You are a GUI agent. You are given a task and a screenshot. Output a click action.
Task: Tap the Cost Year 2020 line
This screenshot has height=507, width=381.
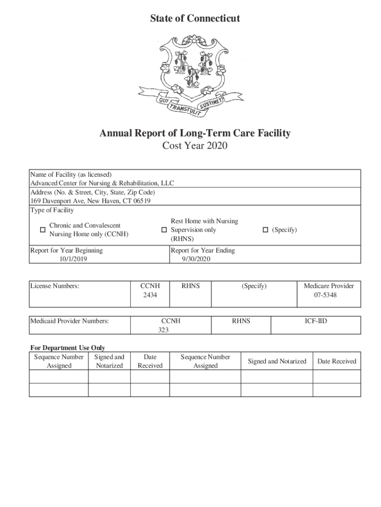coord(195,146)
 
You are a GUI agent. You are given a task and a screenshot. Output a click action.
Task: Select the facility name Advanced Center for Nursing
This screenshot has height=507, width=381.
coord(102,183)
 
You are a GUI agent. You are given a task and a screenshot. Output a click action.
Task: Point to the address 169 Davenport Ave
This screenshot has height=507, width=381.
coord(91,201)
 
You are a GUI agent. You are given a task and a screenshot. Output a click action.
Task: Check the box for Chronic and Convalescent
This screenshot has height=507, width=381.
coord(43,230)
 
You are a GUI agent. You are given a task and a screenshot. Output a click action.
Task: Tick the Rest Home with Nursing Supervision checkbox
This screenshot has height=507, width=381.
coord(164,230)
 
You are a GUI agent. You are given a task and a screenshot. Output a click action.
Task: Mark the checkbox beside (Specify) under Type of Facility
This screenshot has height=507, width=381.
coord(265,230)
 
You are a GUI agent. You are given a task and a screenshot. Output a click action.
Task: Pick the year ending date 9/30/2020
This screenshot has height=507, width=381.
coord(196,259)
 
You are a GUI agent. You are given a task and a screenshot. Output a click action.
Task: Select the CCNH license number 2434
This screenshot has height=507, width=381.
coord(149,295)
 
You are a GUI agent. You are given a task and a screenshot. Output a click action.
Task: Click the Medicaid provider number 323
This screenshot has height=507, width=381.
coord(164,330)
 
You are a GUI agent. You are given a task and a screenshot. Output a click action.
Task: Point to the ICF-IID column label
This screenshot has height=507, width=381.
coord(316,321)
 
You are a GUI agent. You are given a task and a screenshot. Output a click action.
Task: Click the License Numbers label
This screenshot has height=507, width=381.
coord(55,286)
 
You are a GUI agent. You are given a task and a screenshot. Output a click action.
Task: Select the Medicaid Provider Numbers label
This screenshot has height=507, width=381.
coord(69,321)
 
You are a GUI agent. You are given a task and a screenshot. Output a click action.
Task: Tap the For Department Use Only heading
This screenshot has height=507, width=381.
coord(67,348)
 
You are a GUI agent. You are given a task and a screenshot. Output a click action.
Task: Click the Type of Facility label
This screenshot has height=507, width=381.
coord(52,210)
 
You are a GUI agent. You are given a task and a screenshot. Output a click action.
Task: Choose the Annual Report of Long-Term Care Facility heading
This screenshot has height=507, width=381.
coord(195,133)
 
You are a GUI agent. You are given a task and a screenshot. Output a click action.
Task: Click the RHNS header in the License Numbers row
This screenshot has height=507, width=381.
coord(190,286)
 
